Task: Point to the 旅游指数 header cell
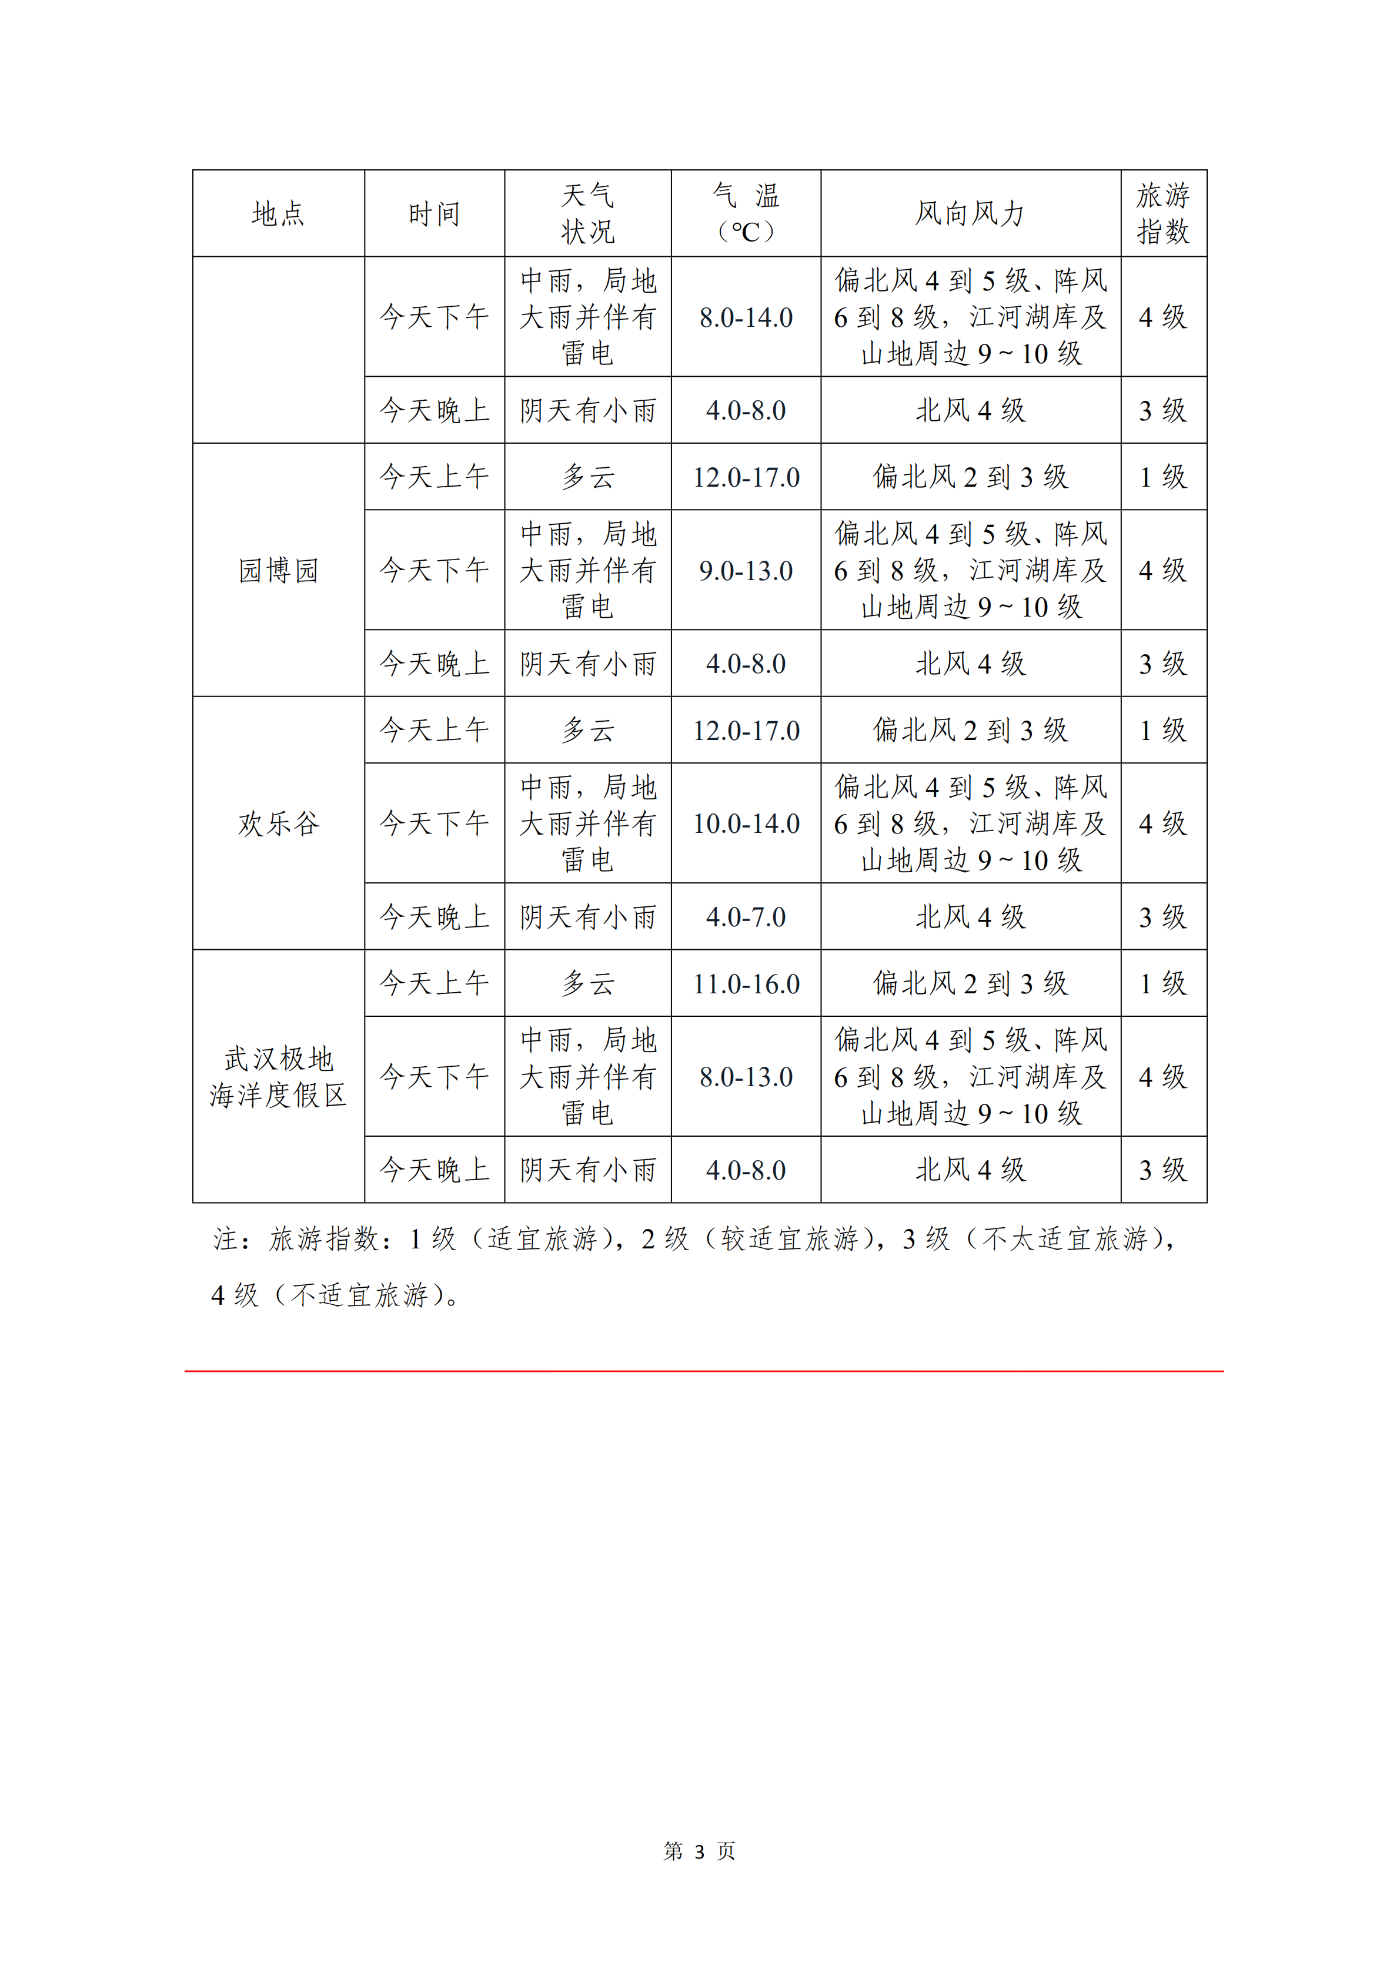point(1163,214)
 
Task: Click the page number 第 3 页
point(699,1850)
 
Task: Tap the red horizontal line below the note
point(703,1371)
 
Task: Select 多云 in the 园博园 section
point(588,477)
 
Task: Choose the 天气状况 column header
point(588,214)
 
